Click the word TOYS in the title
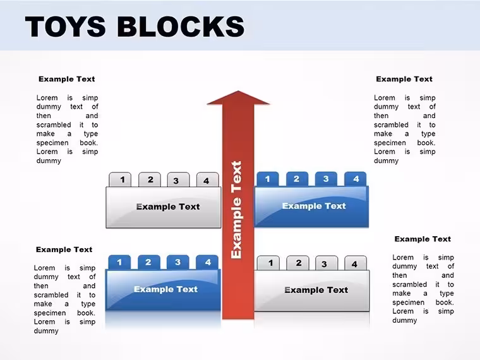(65, 27)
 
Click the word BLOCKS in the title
(181, 27)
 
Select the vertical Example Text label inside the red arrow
(236, 210)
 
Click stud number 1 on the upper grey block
(120, 179)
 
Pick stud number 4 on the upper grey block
(207, 180)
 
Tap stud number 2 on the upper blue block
(297, 179)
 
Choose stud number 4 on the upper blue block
(356, 179)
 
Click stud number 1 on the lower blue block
(119, 262)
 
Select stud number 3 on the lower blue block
(178, 262)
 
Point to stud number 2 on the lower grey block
(298, 263)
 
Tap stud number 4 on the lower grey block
(356, 263)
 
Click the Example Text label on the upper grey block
(168, 207)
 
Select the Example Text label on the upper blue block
(314, 206)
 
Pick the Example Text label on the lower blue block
(166, 289)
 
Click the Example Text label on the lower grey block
(316, 290)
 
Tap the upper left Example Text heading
(67, 79)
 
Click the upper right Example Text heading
(404, 79)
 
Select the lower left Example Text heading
(64, 249)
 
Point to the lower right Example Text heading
(423, 239)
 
